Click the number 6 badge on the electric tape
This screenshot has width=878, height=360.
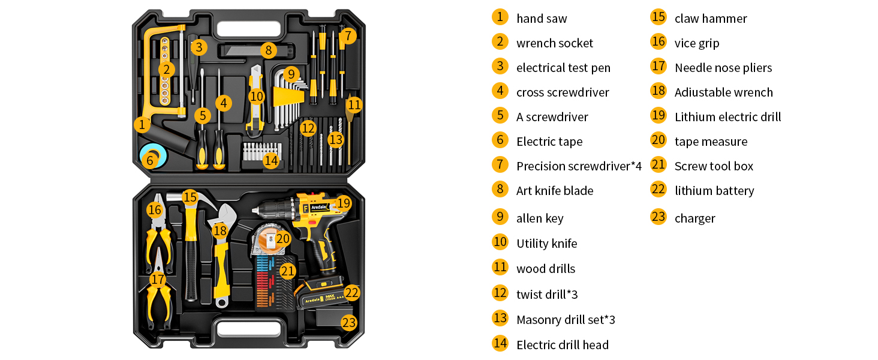tap(150, 160)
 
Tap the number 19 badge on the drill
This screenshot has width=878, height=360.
tap(343, 203)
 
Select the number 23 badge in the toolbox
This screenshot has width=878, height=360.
tap(348, 322)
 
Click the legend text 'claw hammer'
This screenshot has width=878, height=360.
tap(710, 19)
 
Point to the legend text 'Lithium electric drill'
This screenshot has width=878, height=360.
tap(727, 117)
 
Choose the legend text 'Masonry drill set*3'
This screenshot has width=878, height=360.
tap(565, 320)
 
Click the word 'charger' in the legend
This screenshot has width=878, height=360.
tap(694, 218)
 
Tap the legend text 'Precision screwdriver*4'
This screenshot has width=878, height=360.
tap(579, 166)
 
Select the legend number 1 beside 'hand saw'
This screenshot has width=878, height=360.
tap(500, 17)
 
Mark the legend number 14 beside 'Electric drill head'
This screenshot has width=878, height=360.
tap(500, 343)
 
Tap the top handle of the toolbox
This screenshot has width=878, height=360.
tap(249, 28)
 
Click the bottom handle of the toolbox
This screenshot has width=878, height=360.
tap(249, 329)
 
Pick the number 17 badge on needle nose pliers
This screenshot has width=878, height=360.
tap(158, 279)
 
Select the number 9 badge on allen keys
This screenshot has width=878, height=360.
tap(291, 74)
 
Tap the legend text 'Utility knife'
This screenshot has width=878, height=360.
tap(546, 244)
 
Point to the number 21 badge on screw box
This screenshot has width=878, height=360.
tap(288, 271)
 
